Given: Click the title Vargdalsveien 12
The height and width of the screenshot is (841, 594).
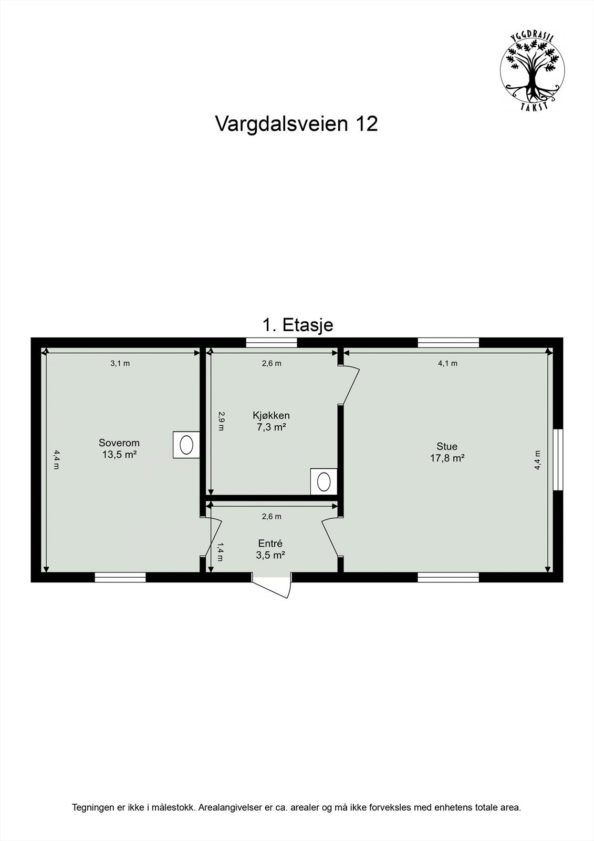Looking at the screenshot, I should point(296,124).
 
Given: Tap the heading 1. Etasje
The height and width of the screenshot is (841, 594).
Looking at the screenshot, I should point(297,325).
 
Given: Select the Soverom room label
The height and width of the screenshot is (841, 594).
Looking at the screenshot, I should point(119,443).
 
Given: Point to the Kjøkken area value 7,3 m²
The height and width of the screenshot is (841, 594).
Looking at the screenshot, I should point(271,427).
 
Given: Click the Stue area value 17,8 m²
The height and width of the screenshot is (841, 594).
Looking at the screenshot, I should point(447,458).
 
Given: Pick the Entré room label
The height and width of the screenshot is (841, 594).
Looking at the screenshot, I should point(270,543).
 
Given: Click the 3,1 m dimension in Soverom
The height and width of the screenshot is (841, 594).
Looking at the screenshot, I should point(120,363).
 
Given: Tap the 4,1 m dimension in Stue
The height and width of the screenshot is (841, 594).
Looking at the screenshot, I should point(447,363).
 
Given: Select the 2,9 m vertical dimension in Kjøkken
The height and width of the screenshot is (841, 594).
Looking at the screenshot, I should point(221,421).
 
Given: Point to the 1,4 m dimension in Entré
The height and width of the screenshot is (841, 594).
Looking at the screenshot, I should point(220,551).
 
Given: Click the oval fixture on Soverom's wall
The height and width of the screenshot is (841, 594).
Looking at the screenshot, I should point(186,445).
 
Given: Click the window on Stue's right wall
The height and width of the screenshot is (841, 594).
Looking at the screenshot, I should point(558,460).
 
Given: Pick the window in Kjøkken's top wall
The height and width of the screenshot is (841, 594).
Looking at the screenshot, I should point(272,343).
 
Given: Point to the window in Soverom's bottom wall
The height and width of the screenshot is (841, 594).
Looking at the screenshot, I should point(120,577).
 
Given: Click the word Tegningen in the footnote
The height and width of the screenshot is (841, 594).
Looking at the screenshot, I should point(91,807).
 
